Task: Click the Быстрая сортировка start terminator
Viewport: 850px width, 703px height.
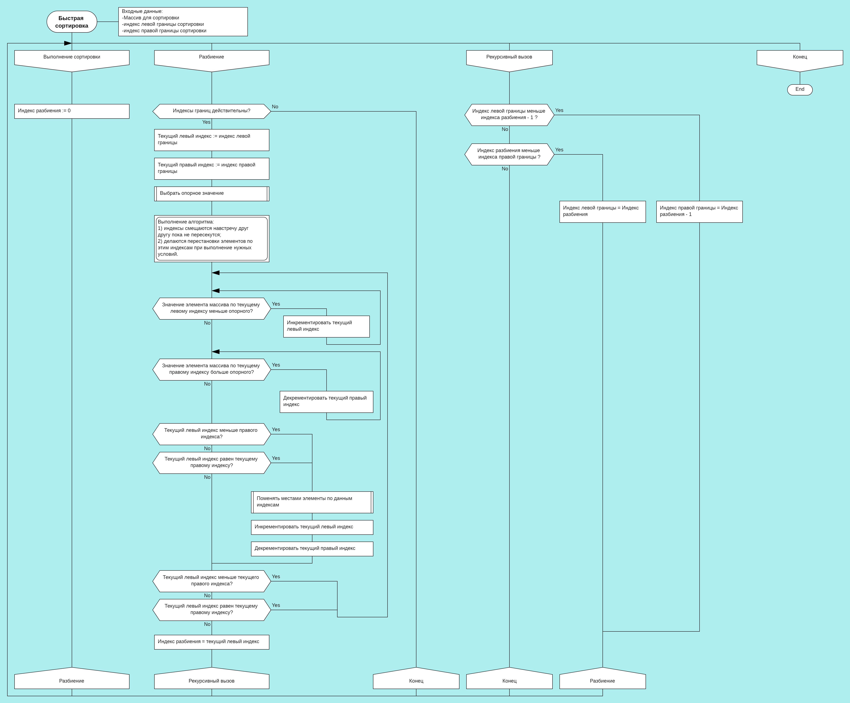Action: coord(72,22)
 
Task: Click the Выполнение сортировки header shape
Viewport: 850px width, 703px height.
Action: coord(72,59)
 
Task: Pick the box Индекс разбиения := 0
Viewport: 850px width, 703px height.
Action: coord(72,111)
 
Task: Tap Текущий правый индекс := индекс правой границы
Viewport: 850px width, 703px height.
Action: coord(211,168)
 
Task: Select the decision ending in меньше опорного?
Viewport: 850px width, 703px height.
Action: coord(211,308)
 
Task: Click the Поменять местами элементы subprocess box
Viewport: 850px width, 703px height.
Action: coord(312,502)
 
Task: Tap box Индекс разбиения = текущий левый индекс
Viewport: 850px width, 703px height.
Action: coord(211,642)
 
